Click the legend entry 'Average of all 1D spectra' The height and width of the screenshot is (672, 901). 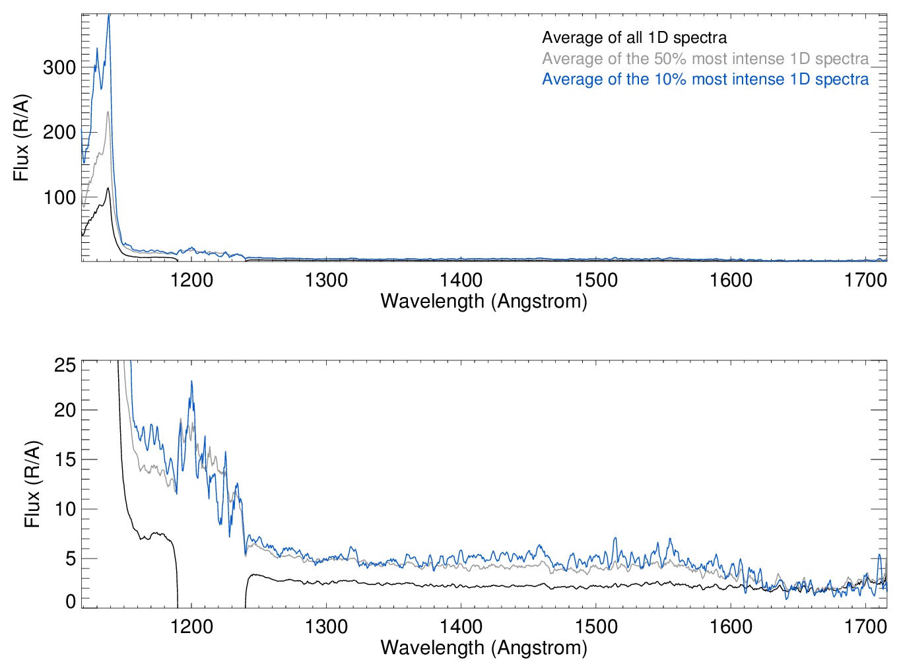point(634,38)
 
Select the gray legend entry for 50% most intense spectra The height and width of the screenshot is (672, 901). point(705,59)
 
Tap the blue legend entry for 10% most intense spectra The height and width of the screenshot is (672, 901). point(705,79)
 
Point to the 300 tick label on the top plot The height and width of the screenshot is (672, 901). point(59,67)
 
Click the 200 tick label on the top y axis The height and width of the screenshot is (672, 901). point(59,132)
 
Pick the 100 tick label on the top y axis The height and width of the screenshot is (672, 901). point(59,197)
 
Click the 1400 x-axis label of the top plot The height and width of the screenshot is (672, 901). point(461,280)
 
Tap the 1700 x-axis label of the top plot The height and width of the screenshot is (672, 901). point(865,280)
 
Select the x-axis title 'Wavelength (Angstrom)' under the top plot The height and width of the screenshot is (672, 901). point(484,301)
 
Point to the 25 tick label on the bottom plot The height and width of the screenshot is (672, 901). point(65,365)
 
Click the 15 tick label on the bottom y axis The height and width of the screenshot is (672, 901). point(65,459)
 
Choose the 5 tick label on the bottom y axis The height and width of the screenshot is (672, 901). point(71,558)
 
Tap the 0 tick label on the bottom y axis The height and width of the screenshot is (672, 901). point(71,601)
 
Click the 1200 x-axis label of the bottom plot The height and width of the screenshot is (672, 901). point(191,626)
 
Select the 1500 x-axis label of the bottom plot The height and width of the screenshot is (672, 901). point(596,626)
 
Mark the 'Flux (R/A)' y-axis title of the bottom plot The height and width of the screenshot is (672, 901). point(32,484)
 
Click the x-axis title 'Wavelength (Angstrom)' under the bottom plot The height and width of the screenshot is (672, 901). point(484,647)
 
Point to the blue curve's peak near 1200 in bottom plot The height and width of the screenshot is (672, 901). point(191,382)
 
